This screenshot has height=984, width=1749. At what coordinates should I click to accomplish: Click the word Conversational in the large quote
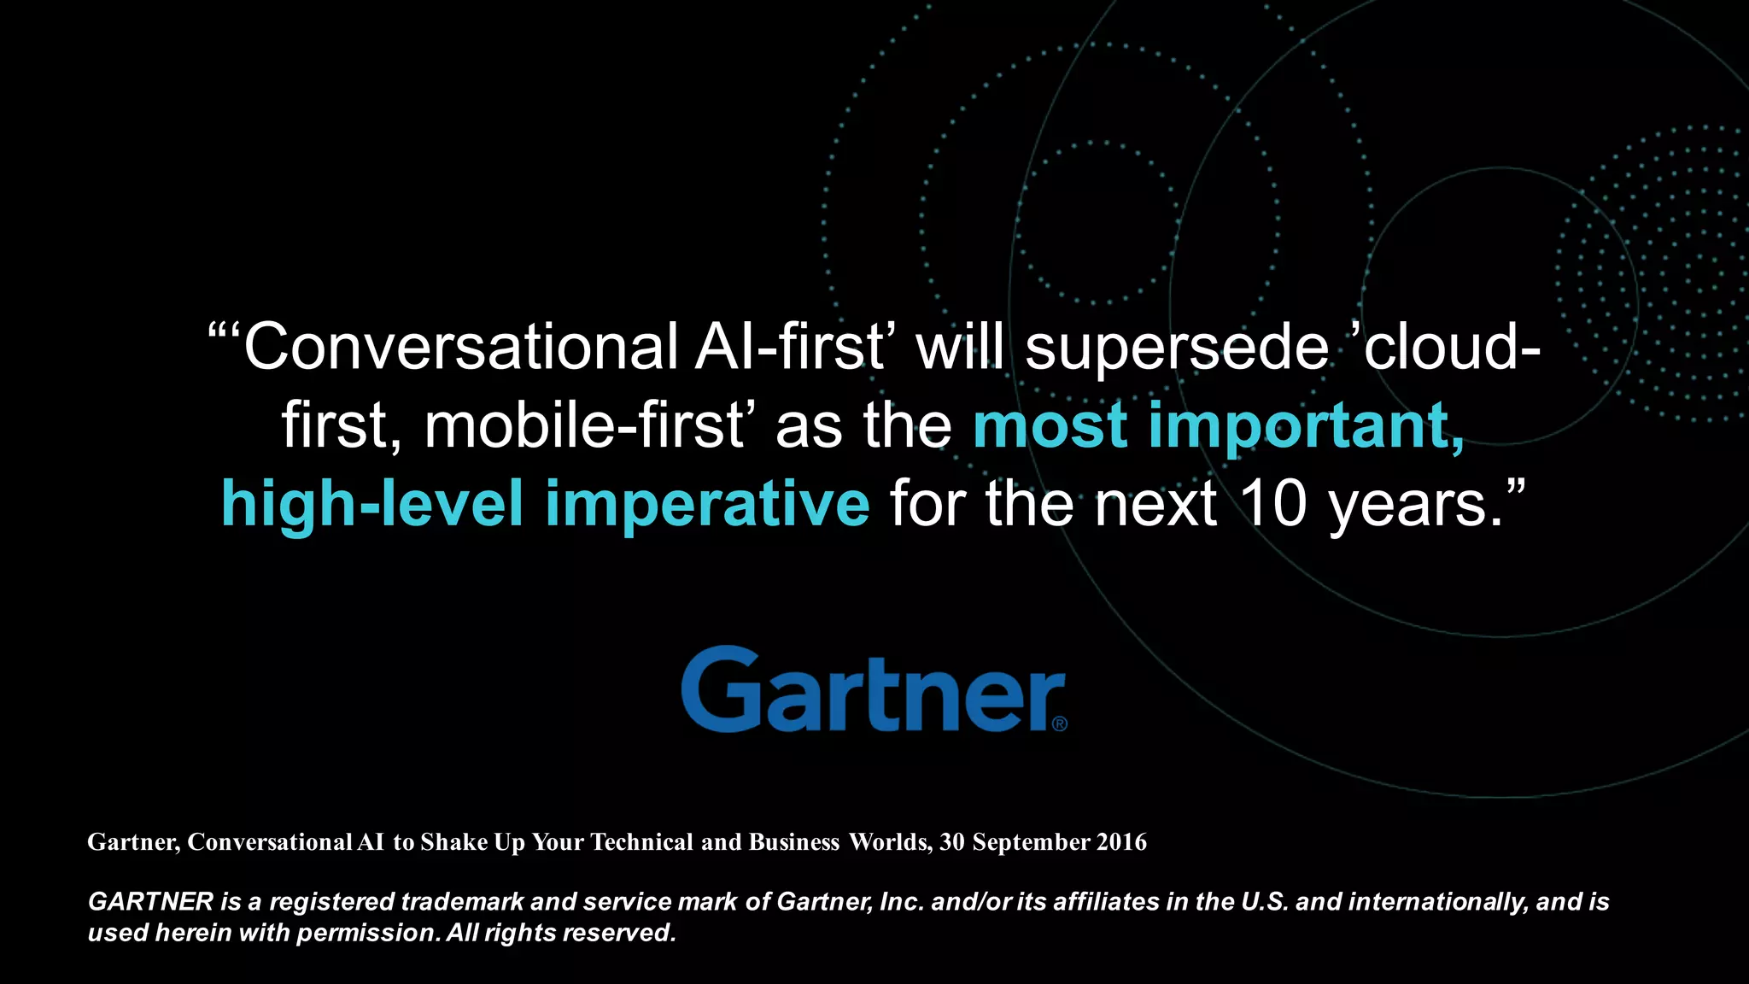pyautogui.click(x=461, y=348)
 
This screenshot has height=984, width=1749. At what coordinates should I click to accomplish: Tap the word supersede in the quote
pyautogui.click(x=1176, y=348)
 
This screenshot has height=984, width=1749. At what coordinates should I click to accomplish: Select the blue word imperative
pyautogui.click(x=707, y=504)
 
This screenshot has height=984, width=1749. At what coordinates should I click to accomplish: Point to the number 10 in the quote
pyautogui.click(x=1272, y=504)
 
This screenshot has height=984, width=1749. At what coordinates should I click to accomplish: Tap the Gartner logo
pyautogui.click(x=871, y=689)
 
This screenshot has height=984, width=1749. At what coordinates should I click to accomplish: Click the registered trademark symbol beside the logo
pyautogui.click(x=1060, y=724)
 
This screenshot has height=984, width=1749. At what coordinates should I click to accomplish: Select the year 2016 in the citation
pyautogui.click(x=1121, y=842)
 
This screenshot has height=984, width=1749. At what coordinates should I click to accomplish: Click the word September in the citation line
pyautogui.click(x=1031, y=842)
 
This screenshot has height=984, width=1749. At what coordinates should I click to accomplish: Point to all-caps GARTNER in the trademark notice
pyautogui.click(x=150, y=902)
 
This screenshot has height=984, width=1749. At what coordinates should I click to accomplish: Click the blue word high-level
pyautogui.click(x=371, y=504)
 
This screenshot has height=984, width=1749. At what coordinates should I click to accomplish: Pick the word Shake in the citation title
pyautogui.click(x=454, y=842)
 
